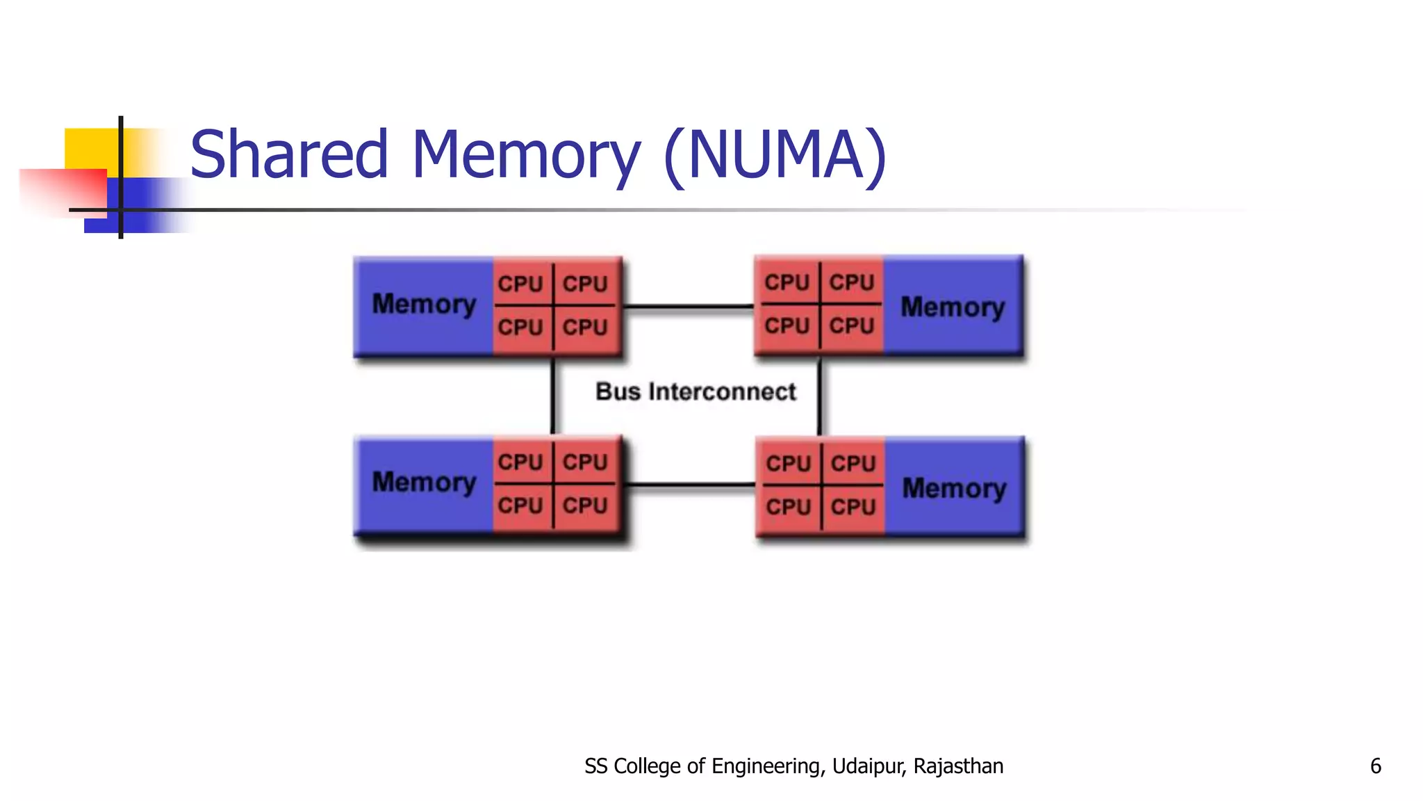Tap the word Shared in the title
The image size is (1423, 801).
pos(288,154)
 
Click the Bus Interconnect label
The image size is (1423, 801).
pos(696,391)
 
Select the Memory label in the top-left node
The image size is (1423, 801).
pos(424,305)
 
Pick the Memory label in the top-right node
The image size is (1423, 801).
pos(953,307)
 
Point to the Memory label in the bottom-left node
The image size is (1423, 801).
pos(424,483)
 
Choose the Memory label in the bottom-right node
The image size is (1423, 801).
pos(954,489)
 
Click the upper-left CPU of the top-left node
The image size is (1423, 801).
pos(520,284)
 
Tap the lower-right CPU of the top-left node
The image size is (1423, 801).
pos(585,327)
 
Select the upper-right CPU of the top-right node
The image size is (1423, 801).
pos(852,282)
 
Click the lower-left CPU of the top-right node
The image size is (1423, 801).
pos(787,325)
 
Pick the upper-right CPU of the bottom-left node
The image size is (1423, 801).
pos(585,462)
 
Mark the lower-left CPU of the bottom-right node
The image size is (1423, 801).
pos(789,507)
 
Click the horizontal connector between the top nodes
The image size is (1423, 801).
pos(689,306)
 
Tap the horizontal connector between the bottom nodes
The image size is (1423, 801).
pos(690,485)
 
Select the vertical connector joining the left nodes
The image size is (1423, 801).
pos(553,397)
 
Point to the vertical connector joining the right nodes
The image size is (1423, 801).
pos(820,397)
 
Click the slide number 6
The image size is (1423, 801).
pos(1375,766)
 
